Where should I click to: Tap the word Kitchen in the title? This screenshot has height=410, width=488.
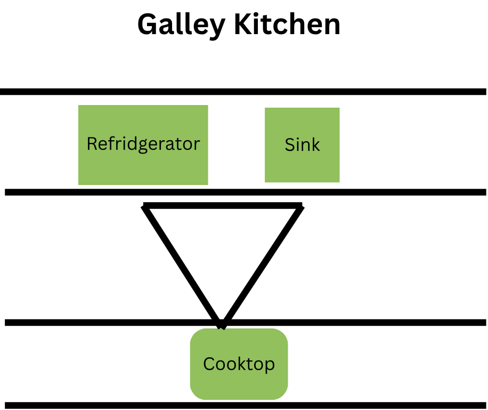[x=288, y=25]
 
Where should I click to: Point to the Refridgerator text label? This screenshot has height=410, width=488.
[x=143, y=144]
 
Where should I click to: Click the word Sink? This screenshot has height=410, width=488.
[x=302, y=145]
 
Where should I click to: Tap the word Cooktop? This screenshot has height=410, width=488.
[x=239, y=364]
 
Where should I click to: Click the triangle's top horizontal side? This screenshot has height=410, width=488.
[x=223, y=206]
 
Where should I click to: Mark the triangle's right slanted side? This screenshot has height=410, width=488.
[x=262, y=264]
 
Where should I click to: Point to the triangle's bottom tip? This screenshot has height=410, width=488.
[x=222, y=324]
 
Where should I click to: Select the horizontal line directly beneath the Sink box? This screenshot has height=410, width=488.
[x=373, y=192]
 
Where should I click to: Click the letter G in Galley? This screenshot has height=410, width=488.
[x=148, y=25]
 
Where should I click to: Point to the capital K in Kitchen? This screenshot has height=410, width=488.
[x=247, y=25]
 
